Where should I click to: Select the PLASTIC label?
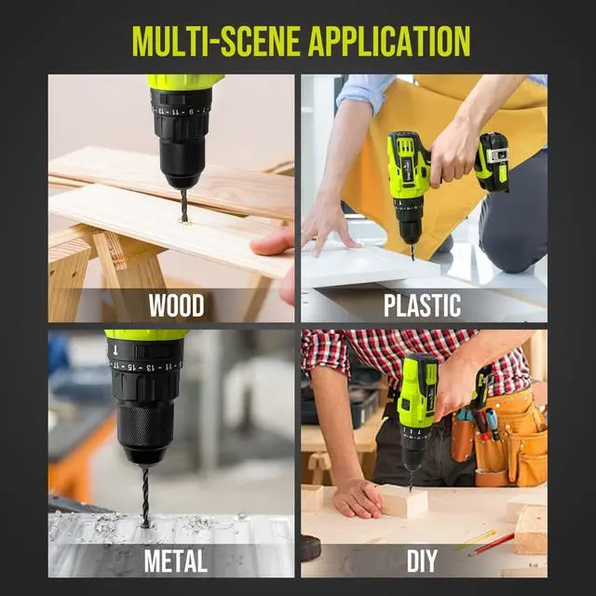423,304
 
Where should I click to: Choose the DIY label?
423,561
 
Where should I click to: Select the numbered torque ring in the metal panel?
145,363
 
